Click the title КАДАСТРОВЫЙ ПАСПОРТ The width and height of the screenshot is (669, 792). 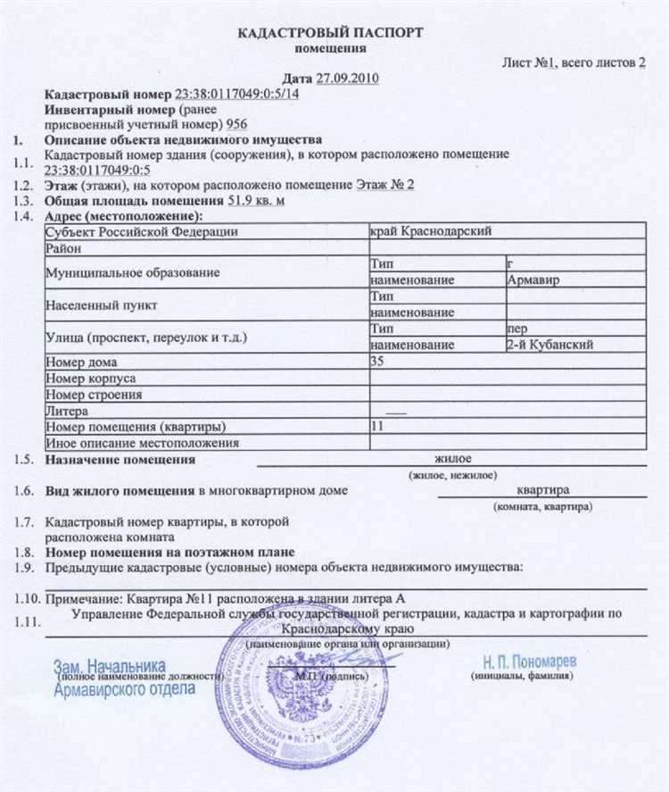pos(331,32)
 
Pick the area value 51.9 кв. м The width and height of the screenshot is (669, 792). pos(257,200)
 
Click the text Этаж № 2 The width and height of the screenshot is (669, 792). pos(385,185)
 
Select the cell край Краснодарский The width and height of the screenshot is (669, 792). pos(430,231)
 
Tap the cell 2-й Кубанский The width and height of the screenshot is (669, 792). pos(543,345)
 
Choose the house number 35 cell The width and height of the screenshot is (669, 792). pos(378,361)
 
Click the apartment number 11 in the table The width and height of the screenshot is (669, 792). pos(376,426)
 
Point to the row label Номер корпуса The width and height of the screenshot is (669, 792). pos(87,378)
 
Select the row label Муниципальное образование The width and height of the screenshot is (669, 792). pos(132,272)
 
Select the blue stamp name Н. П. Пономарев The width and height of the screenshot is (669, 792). pos(530,662)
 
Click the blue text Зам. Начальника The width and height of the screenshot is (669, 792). pos(110,667)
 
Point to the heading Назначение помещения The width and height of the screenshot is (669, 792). pos(119,460)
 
